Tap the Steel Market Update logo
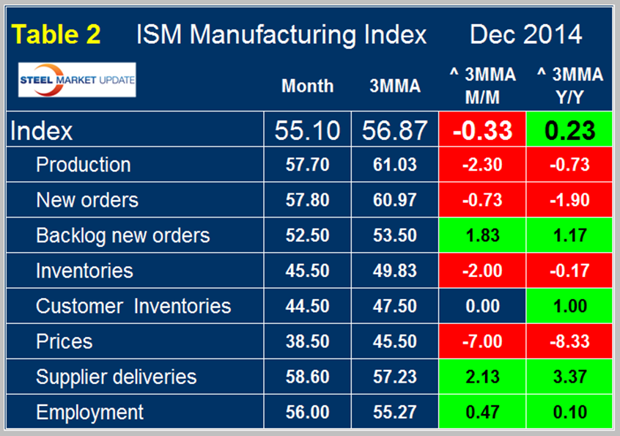click(78, 81)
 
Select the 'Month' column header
click(307, 86)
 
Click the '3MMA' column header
click(395, 86)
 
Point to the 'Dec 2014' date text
click(525, 34)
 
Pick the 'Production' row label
click(84, 165)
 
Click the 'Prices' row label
click(64, 341)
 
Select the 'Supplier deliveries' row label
click(116, 377)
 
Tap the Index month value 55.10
click(307, 130)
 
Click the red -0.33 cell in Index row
click(481, 130)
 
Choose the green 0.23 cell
click(569, 130)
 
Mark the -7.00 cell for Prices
click(481, 341)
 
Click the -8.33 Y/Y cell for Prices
click(569, 341)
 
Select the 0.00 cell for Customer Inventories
click(481, 306)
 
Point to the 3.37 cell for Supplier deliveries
click(569, 377)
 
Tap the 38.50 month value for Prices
click(307, 341)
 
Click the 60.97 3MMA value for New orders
click(395, 200)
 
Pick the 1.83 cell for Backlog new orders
click(481, 236)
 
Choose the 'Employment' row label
click(90, 413)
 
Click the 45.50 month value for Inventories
click(307, 271)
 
